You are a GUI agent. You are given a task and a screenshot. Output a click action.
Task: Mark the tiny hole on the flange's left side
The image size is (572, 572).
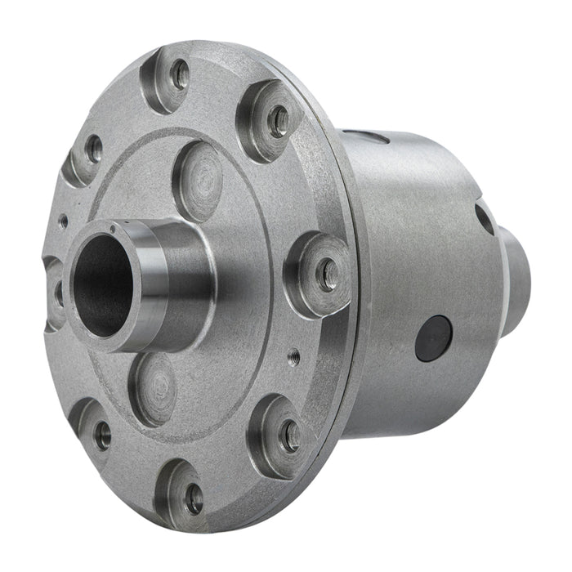tap(64, 218)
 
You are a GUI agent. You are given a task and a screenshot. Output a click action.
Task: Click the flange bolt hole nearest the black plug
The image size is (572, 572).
tap(327, 275)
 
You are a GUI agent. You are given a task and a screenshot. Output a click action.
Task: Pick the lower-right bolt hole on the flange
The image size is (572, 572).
tap(290, 436)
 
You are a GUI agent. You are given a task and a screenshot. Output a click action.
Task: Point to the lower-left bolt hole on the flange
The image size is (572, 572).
tap(102, 434)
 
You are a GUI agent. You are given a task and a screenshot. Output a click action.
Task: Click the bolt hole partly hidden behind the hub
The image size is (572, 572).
tap(57, 290)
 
